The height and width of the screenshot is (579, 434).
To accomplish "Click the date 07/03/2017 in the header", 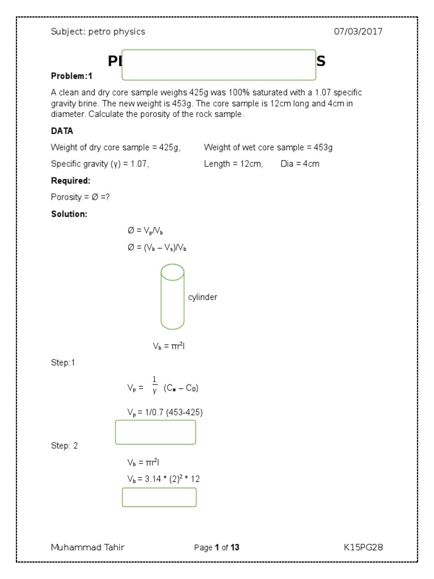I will click(358, 32).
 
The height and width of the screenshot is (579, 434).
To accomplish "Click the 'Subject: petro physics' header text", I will click(98, 32).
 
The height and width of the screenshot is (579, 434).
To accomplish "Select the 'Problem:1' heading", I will click(71, 76).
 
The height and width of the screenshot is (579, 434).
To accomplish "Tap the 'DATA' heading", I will click(62, 131).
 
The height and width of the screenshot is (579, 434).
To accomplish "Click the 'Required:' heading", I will click(71, 181).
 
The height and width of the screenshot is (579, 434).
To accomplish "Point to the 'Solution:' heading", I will click(69, 214).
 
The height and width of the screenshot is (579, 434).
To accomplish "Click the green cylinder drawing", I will click(172, 297).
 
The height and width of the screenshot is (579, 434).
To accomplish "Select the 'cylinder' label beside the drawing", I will click(202, 297).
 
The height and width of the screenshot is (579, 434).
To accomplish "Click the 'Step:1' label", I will click(63, 363).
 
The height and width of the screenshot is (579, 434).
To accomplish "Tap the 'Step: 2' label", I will click(64, 446).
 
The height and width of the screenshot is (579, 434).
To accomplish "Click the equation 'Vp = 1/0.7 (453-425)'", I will click(164, 412).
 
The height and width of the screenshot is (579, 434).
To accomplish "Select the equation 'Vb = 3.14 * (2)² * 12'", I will click(163, 479).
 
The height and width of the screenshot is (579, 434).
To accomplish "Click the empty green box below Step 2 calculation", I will click(159, 497).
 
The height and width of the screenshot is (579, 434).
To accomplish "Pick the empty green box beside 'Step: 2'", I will click(155, 432).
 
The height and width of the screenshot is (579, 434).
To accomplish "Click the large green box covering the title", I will click(219, 64).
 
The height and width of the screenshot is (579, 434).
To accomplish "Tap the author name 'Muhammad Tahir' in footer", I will click(88, 547).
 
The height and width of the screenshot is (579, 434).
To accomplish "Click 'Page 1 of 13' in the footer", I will click(216, 547).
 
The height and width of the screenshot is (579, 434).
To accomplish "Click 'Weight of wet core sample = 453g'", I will click(268, 148).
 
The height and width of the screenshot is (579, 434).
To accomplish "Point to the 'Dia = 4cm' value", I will click(300, 165).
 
